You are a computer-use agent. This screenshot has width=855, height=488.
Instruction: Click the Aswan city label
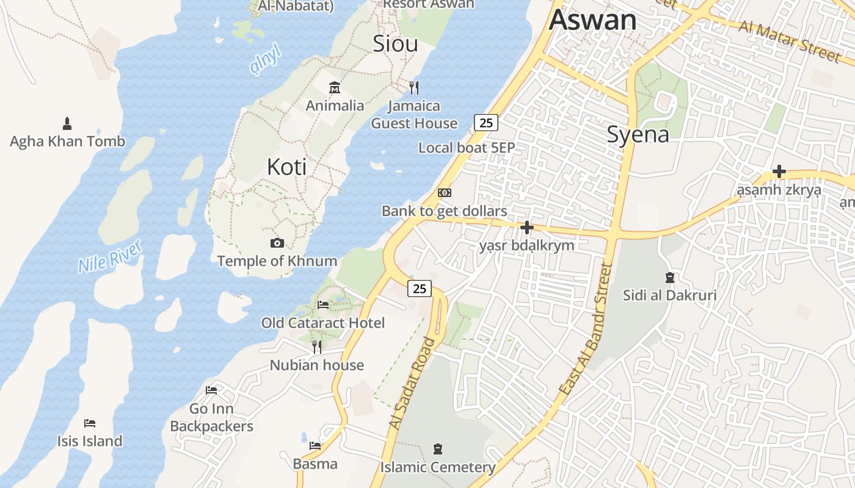point(592,20)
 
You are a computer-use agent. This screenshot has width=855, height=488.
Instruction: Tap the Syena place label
point(638,134)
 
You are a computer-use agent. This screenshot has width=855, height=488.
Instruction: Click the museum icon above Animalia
point(334,87)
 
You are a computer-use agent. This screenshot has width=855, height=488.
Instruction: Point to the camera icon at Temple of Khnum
point(277,243)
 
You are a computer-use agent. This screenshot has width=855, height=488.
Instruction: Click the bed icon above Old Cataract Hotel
point(323,304)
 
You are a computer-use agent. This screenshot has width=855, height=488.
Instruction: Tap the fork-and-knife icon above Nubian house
point(316,347)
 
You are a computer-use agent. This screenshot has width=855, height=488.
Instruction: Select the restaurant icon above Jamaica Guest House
point(414,87)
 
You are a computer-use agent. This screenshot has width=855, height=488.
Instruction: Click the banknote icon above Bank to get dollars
point(445,193)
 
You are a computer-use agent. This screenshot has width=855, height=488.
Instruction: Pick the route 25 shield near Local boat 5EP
point(486,123)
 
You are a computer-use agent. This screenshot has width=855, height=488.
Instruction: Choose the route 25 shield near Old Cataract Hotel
point(420,289)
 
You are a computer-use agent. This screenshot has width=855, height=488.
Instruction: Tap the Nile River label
point(110,256)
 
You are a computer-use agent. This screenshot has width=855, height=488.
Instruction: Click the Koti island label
point(286,167)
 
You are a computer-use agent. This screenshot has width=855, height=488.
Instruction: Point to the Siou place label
point(395,44)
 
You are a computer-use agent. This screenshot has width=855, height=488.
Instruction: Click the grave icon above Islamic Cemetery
point(437,450)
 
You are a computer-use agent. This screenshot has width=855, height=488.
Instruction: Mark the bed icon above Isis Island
point(90,423)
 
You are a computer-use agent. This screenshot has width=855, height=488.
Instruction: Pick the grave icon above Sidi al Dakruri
point(669,278)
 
